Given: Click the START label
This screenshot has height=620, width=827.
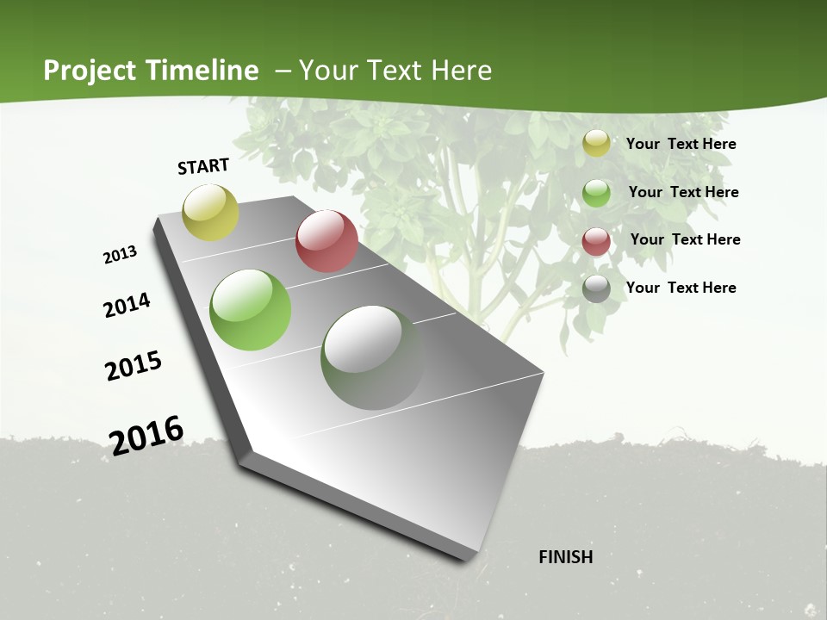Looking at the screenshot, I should [x=203, y=166].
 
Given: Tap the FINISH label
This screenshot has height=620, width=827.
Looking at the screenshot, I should [x=565, y=557].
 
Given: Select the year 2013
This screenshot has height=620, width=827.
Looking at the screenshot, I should [x=120, y=255].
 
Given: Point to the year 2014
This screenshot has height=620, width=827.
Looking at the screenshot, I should [x=127, y=305].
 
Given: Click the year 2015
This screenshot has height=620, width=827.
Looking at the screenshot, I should [x=134, y=366].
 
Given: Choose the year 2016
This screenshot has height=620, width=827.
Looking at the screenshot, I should [x=146, y=435].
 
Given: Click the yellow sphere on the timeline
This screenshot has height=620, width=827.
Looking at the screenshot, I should [x=210, y=212].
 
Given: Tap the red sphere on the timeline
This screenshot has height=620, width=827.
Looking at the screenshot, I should [x=326, y=241].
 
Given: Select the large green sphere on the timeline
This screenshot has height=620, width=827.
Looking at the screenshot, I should [x=250, y=310].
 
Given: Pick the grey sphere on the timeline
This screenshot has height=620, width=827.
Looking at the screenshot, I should [x=372, y=357].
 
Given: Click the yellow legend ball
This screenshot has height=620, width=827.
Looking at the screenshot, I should [x=596, y=143].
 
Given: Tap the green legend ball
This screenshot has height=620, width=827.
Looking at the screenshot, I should [x=596, y=193].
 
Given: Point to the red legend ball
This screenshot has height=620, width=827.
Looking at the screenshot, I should [x=596, y=241].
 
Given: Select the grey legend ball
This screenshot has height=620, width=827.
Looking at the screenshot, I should [x=596, y=288].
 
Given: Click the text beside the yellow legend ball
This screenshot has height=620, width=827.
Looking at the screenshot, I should [x=681, y=144].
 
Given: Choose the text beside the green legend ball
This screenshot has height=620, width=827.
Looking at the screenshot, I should [x=683, y=192].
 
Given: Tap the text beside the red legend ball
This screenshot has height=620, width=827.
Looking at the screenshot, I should [x=685, y=239].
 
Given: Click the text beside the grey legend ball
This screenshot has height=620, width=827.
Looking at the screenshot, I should [x=681, y=288].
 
